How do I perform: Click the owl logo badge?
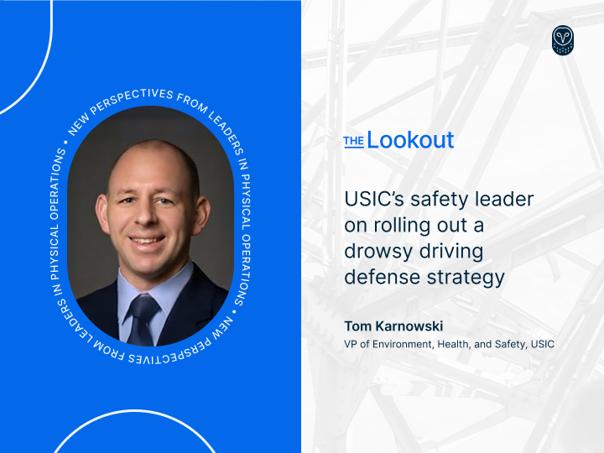pyautogui.click(x=563, y=40)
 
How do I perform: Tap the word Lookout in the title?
pyautogui.click(x=410, y=139)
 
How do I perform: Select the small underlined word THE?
pyautogui.click(x=354, y=142)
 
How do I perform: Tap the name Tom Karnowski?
pyautogui.click(x=393, y=326)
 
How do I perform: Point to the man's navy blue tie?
pyautogui.click(x=143, y=320)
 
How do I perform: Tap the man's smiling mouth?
pyautogui.click(x=147, y=241)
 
